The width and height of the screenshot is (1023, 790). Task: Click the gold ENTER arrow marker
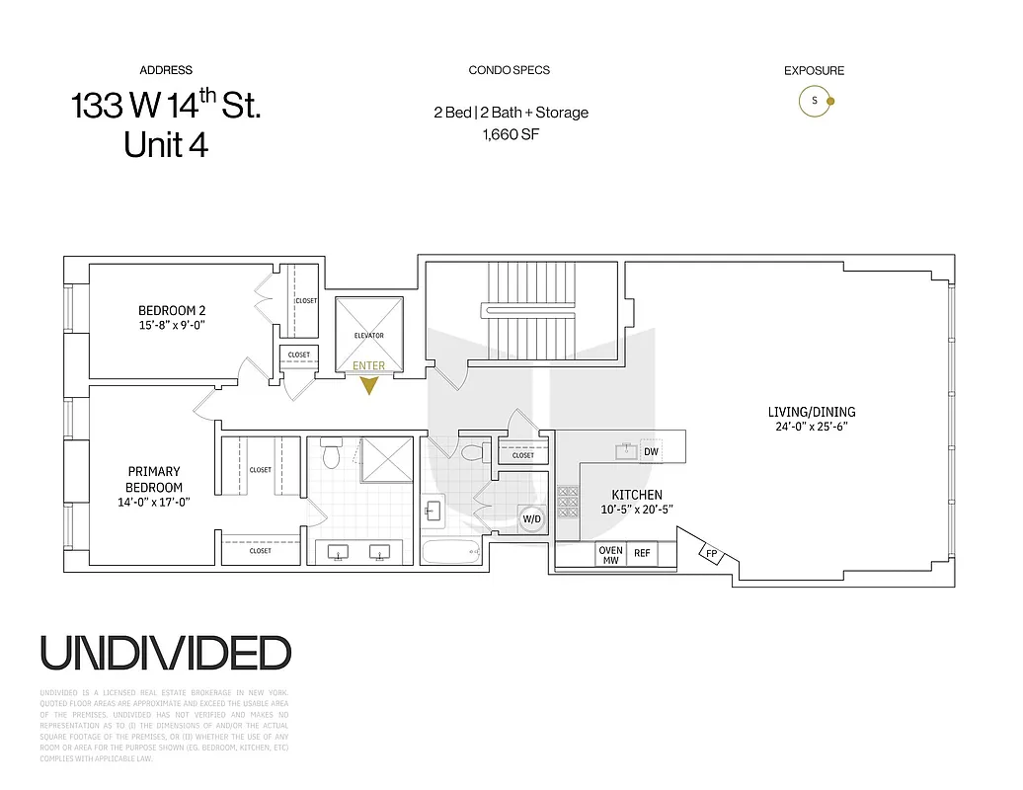368,384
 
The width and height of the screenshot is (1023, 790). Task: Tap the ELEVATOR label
368,336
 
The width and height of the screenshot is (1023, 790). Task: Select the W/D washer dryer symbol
531,518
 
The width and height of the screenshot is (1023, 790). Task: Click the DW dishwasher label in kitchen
651,452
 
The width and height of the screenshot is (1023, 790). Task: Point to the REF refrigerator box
643,554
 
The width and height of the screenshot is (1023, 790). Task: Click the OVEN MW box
610,555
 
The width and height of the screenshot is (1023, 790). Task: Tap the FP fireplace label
712,554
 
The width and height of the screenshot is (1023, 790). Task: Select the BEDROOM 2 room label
172,311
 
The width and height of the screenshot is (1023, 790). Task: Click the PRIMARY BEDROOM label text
155,479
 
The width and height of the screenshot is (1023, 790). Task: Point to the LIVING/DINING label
812,412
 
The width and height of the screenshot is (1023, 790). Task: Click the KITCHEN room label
636,495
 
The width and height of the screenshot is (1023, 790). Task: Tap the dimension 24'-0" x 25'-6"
812,428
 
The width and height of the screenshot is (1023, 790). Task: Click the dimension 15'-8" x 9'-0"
172,325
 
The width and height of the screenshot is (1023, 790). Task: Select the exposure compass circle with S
815,101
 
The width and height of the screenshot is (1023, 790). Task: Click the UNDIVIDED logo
166,653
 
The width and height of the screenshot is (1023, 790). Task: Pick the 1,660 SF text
510,135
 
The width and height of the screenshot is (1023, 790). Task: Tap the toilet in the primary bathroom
333,455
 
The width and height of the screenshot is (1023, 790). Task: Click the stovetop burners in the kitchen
568,502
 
